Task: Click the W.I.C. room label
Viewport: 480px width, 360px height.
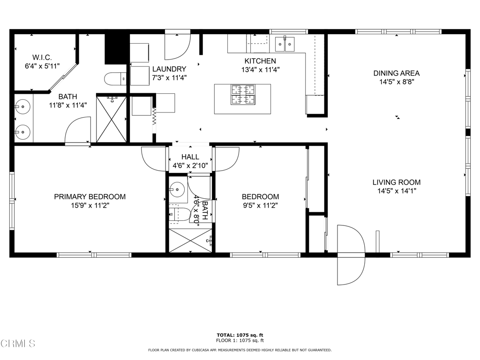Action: coord(42,57)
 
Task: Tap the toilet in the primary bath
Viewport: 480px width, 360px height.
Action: coord(115,79)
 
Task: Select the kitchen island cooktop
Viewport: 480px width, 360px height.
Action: coord(243,95)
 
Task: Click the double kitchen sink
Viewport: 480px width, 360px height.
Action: coord(285,44)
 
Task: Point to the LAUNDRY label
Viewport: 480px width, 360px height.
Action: coord(169,69)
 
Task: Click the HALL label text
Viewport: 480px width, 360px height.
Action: coord(190,157)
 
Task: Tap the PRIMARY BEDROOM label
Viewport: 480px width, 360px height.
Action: coord(90,196)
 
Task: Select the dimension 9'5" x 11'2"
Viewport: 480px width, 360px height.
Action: coord(260,205)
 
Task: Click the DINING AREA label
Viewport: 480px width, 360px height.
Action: coord(397,73)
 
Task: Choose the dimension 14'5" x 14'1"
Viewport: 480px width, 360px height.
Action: coord(397,191)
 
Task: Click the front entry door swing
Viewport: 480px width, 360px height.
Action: coord(351,255)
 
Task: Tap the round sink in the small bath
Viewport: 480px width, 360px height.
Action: coord(177,190)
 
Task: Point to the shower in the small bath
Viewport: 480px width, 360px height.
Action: coord(190,240)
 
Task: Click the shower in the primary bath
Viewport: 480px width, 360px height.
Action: coord(112,119)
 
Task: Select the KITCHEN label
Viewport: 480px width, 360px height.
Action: coord(260,61)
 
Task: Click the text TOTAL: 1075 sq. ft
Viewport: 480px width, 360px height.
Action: coord(240,335)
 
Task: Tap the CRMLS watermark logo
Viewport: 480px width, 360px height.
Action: coord(18,344)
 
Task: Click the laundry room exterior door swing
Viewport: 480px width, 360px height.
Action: coord(178,46)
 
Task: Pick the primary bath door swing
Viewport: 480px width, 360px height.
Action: coord(78,130)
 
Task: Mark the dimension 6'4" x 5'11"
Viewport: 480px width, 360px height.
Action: coord(42,66)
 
